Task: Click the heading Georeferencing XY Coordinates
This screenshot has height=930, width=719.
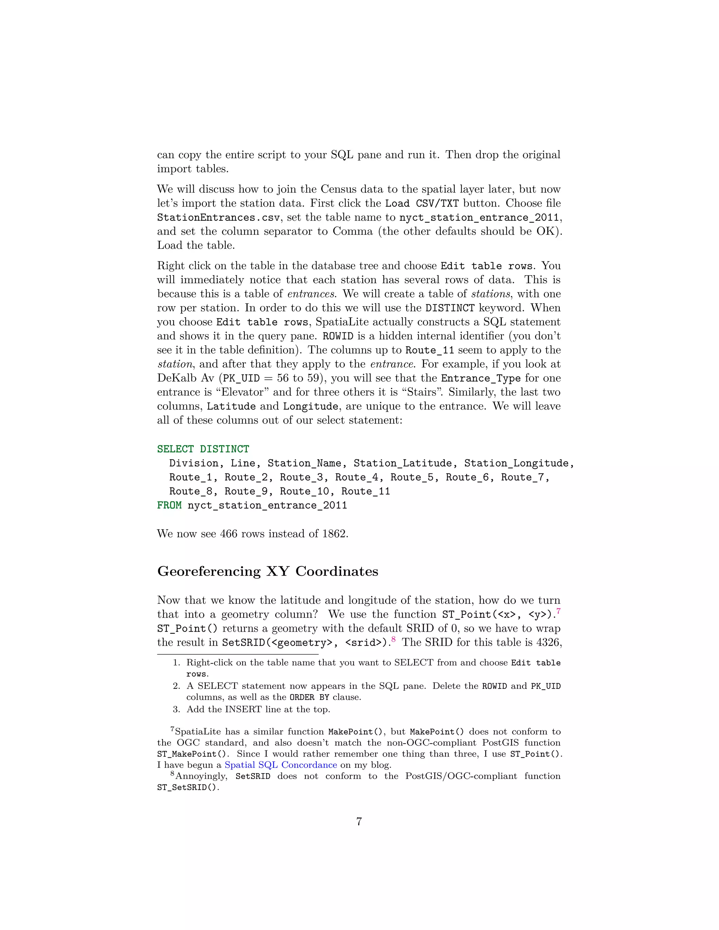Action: [x=268, y=571]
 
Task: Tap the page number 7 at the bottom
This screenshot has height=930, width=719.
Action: [x=359, y=822]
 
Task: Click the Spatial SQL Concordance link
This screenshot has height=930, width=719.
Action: [x=281, y=765]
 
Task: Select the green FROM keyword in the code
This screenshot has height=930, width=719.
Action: [x=169, y=505]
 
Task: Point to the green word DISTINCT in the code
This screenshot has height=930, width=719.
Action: [x=224, y=449]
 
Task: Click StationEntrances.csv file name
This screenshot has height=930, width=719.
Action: [x=218, y=218]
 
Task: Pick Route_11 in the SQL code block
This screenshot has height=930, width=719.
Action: [x=365, y=491]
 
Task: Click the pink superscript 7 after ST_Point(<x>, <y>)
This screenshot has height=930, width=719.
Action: [x=559, y=611]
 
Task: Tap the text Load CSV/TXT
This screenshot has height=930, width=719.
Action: [x=422, y=204]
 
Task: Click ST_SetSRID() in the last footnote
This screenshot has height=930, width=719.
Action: [x=187, y=788]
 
